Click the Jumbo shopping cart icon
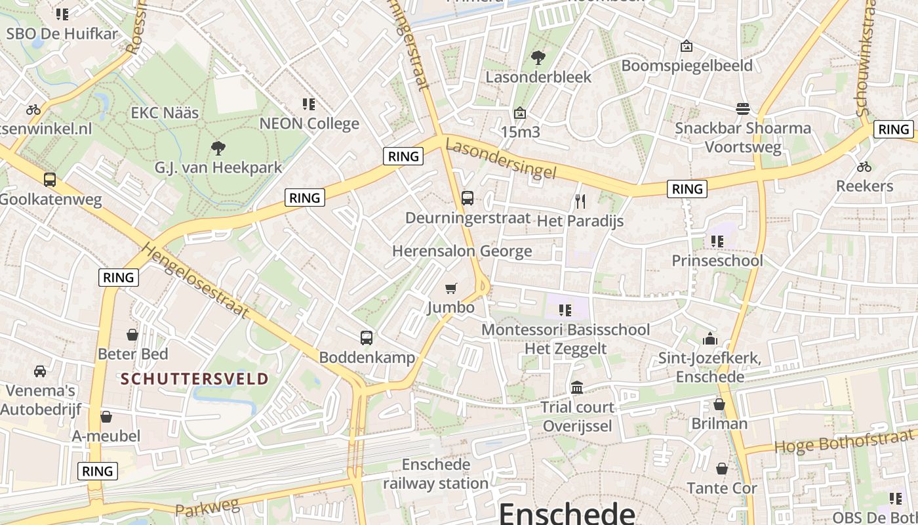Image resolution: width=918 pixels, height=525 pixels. [450, 288]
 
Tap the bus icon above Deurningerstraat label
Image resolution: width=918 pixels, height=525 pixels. [468, 198]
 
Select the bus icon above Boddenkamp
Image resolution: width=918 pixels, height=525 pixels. [367, 338]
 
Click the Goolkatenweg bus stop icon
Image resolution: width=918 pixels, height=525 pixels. [49, 180]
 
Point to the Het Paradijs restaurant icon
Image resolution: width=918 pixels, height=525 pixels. [580, 201]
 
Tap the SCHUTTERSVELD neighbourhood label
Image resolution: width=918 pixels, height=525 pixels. [195, 379]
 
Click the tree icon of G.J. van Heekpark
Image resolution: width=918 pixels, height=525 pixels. [218, 148]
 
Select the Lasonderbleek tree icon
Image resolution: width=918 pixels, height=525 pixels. [538, 58]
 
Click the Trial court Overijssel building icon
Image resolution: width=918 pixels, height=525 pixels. [577, 387]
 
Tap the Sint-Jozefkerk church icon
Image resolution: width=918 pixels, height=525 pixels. [709, 339]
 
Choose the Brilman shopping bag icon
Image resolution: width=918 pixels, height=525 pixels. [719, 404]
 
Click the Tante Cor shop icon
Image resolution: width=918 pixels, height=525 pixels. [722, 469]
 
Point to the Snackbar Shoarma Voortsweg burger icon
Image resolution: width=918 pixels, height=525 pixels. [743, 108]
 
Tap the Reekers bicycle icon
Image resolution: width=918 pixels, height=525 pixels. [864, 167]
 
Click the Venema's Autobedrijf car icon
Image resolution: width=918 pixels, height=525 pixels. [40, 371]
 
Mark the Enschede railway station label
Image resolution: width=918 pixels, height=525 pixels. [436, 474]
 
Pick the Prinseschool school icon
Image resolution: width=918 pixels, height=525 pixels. [717, 241]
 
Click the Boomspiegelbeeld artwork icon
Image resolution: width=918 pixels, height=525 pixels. [687, 46]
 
